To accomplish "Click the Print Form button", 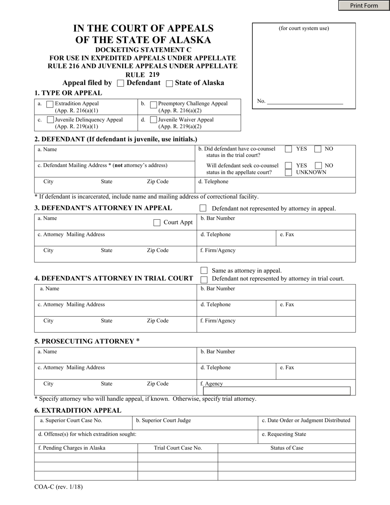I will coord(364,5).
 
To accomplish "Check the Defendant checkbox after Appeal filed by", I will coord(121,83).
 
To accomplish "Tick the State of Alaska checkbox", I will coord(169,83).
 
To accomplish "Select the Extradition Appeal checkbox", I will coord(50,104).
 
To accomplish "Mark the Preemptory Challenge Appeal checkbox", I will coord(154,104).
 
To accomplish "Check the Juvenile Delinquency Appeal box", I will coord(50,120).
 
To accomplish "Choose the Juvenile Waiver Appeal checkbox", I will coord(154,120).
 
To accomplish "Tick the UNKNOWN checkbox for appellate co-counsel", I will coord(289,172).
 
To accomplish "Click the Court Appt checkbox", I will coord(157,223).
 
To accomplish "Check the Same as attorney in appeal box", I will coord(204,271).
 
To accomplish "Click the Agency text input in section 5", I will coord(277,391).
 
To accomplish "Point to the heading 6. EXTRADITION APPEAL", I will coord(78,410).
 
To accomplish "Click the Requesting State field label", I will coord(284,434).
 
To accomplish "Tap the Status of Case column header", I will coord(287,448).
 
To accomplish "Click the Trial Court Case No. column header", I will coord(178,448).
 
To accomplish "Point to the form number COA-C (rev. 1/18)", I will coord(59,487).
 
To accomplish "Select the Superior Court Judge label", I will coord(163,420).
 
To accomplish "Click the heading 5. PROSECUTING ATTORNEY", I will coord(87,341).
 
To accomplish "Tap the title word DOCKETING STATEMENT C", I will coord(143,50).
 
